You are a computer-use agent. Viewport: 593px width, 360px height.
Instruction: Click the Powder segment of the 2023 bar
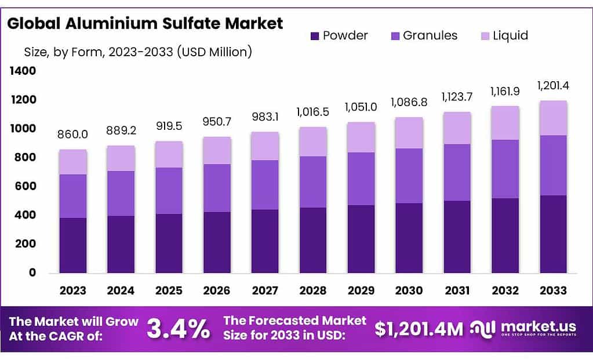[x=72, y=245]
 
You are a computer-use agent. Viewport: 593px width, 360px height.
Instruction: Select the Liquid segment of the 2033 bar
[x=553, y=118]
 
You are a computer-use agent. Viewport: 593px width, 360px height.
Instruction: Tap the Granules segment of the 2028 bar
[x=313, y=182]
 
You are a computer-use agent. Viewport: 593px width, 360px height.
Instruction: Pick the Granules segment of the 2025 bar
[x=169, y=191]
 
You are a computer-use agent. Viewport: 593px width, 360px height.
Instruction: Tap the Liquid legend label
[x=510, y=36]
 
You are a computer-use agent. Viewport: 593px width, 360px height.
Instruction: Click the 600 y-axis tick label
[x=25, y=186]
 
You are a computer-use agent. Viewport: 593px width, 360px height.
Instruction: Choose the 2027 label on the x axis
[x=265, y=290]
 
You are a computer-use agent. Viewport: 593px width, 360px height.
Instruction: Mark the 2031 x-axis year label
[x=457, y=290]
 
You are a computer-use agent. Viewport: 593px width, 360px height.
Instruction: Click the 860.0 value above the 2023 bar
[x=72, y=135]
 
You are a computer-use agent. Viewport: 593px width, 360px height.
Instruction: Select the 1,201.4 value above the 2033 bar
[x=553, y=86]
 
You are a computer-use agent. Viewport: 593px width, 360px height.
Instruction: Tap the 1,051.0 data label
[x=361, y=107]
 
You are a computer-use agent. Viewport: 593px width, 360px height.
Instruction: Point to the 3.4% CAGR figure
[x=178, y=329]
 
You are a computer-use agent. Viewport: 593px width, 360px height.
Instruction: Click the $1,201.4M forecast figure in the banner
[x=419, y=329]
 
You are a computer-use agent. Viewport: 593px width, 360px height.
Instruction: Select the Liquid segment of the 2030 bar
[x=409, y=133]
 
